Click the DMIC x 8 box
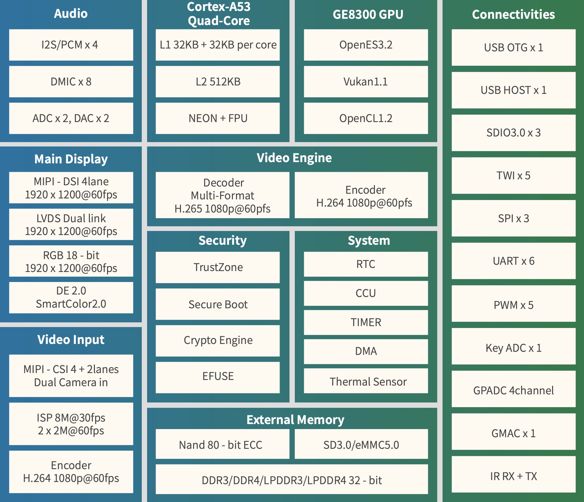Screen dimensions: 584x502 point(71,81)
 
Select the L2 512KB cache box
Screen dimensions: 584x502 point(218,81)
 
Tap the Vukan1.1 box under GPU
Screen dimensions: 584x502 point(366,81)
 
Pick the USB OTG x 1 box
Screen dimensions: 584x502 point(514,48)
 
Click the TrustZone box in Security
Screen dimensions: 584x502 point(218,267)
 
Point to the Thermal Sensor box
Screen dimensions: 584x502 point(366,381)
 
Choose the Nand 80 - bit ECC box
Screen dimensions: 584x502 point(223,444)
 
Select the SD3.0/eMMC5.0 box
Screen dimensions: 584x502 point(361,444)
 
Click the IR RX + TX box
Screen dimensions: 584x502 point(514,474)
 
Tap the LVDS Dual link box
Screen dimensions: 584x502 point(71,224)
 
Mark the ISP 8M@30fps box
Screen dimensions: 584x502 point(71,424)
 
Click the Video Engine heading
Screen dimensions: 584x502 point(294,158)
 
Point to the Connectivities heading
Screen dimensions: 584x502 point(514,14)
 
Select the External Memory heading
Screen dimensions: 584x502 point(295,420)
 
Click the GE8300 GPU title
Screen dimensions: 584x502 point(368,14)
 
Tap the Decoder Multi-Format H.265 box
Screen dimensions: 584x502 point(223,195)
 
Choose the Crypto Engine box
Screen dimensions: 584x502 point(218,341)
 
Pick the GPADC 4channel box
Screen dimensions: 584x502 point(514,389)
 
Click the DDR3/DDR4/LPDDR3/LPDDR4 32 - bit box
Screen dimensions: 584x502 point(292,479)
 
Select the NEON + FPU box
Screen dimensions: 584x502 point(218,118)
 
